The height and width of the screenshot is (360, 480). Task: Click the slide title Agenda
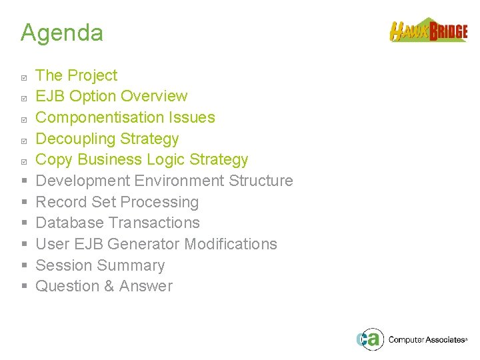tap(61, 33)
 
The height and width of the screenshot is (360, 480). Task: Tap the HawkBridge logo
tap(428, 31)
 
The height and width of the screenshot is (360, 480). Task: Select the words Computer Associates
tap(427, 340)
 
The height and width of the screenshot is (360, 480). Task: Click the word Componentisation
tap(94, 118)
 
